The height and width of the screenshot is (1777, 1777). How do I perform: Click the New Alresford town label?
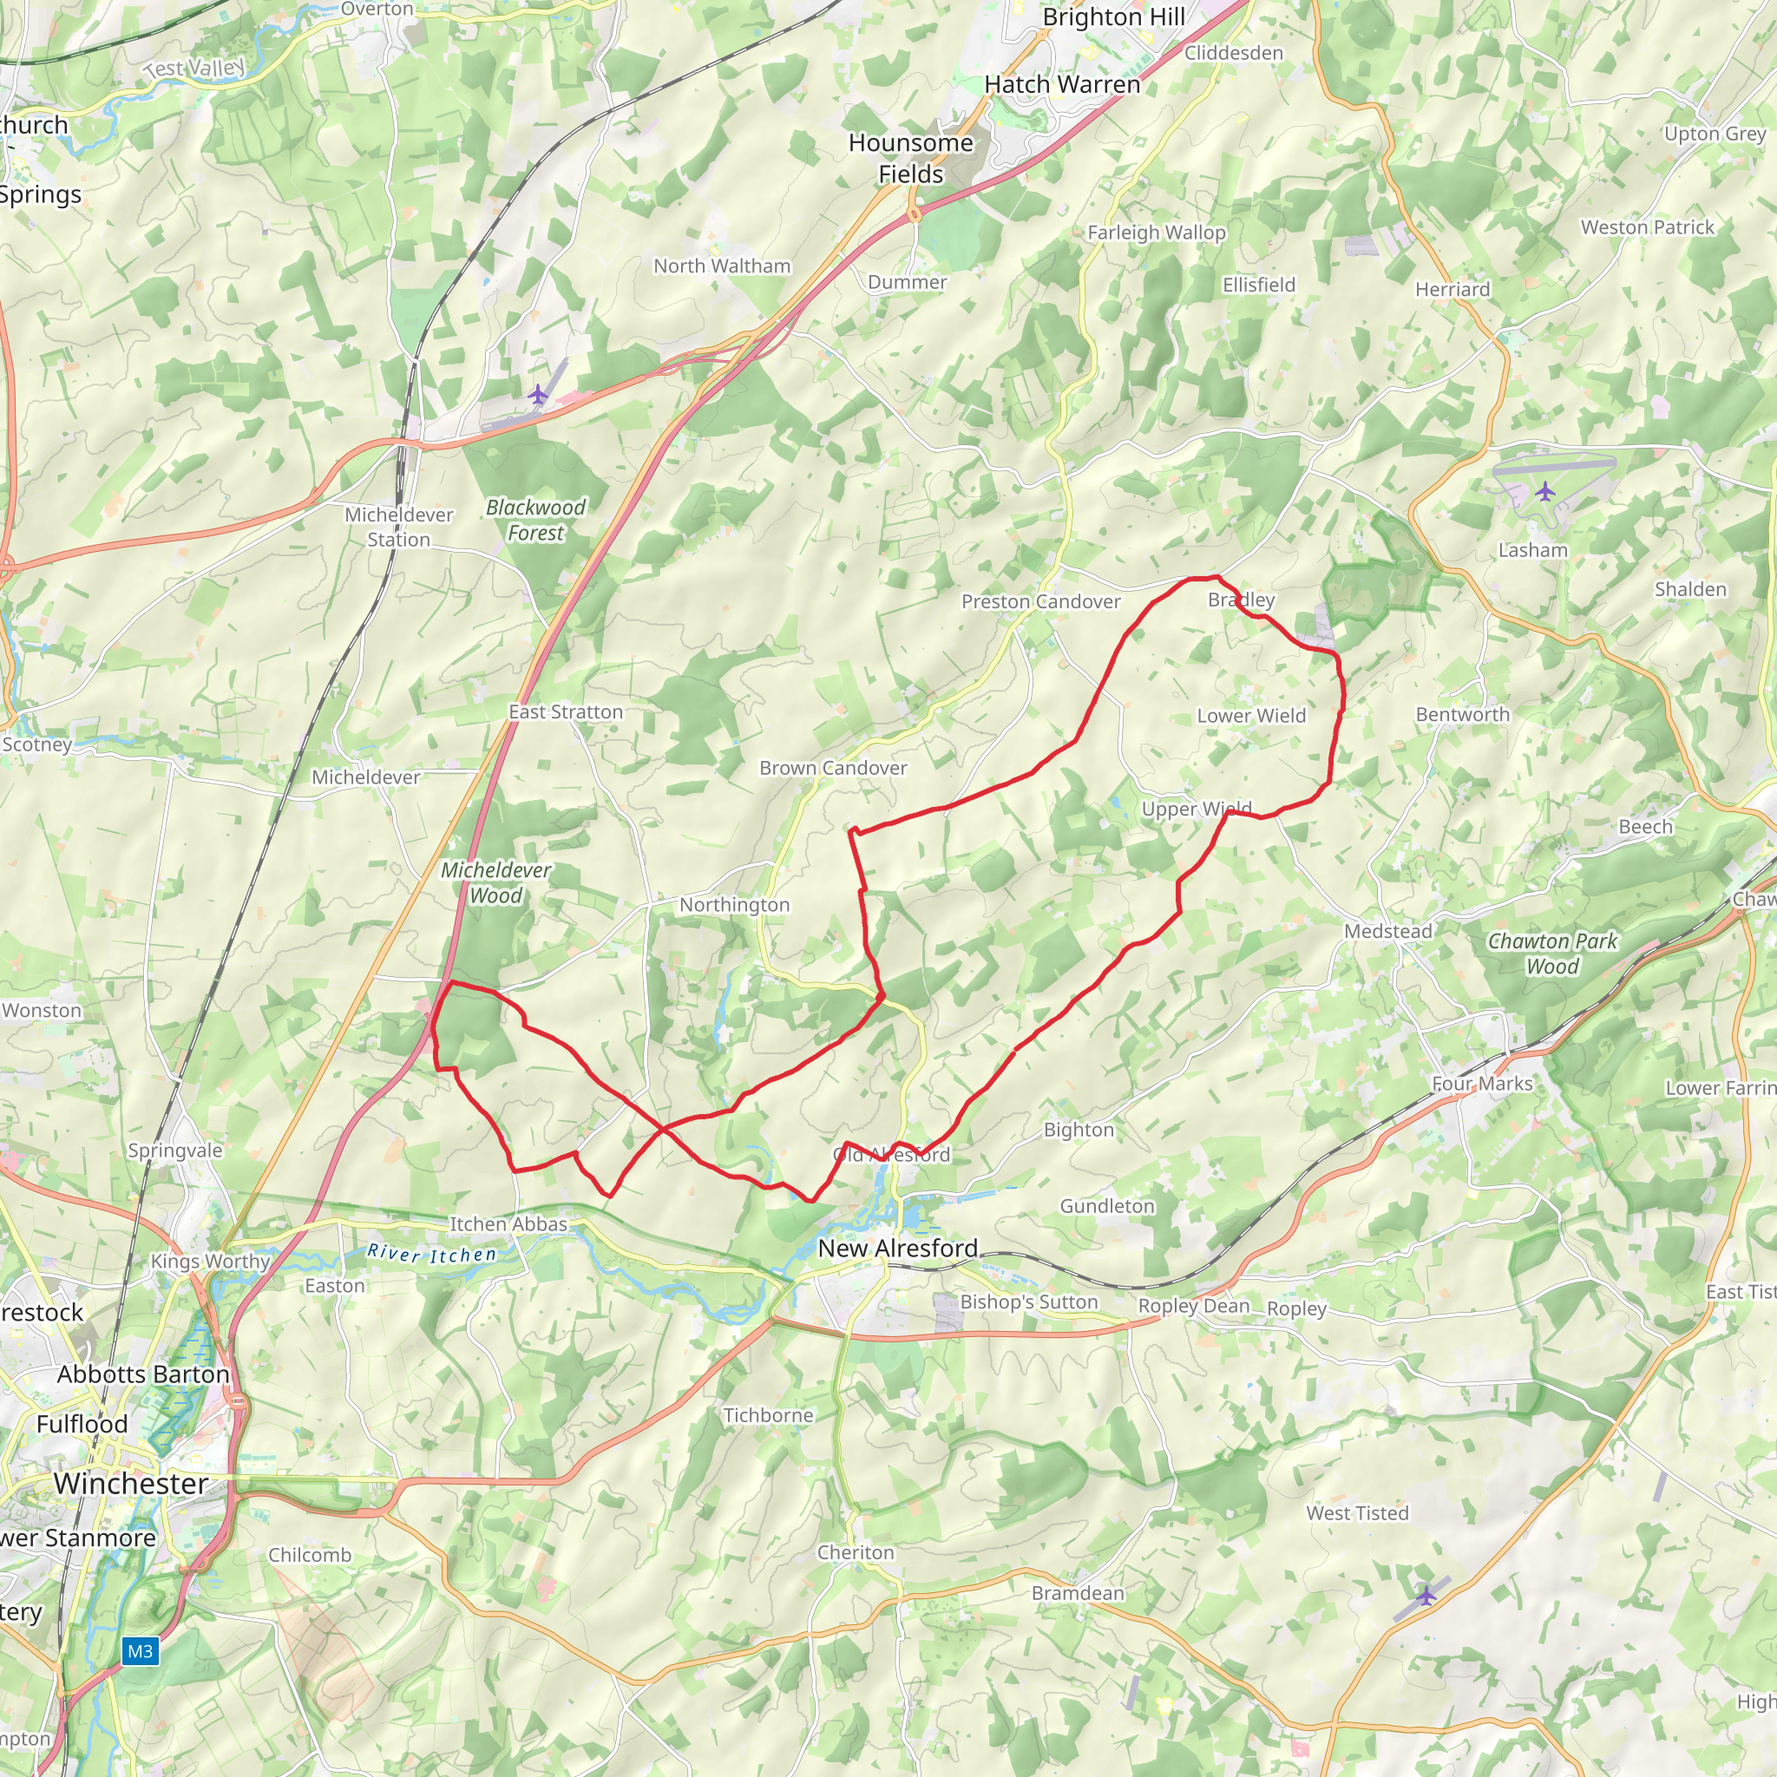[x=898, y=1248]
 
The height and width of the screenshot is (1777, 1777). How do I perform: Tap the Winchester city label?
[x=131, y=1483]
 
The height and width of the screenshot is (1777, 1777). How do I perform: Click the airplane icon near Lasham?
[x=1544, y=492]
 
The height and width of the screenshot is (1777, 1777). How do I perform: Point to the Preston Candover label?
[x=1040, y=601]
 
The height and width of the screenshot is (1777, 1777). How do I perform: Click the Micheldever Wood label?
[x=495, y=882]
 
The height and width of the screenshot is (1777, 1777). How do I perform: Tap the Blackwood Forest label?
[x=535, y=520]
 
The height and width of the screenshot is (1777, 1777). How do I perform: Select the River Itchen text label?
[x=431, y=1254]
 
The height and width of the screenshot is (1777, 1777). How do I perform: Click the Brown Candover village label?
[x=832, y=768]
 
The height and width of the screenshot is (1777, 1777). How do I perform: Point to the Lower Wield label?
[x=1251, y=716]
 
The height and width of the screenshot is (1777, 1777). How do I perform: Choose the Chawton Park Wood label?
[x=1551, y=954]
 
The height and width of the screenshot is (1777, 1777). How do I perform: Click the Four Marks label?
[x=1482, y=1084]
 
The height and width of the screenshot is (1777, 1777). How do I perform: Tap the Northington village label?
[x=734, y=905]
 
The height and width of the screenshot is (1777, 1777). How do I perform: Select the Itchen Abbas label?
[x=508, y=1224]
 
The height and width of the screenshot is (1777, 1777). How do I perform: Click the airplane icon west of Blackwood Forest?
[x=538, y=396]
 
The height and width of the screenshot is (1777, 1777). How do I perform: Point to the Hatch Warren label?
[x=1061, y=85]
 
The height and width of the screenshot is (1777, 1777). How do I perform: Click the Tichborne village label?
[x=768, y=1414]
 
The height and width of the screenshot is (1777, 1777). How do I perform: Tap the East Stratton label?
[x=566, y=711]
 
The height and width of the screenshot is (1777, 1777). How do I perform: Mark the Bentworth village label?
[x=1462, y=715]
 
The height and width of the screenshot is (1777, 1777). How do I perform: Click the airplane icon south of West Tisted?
[x=1426, y=1595]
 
